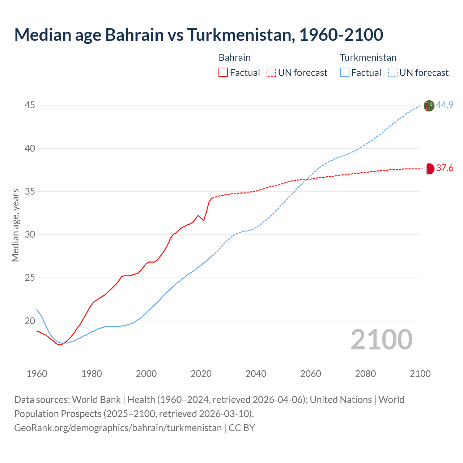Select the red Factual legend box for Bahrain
click(x=223, y=72)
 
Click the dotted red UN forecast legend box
click(x=271, y=72)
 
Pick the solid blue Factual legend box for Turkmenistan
click(x=344, y=72)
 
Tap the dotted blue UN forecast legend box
click(x=392, y=72)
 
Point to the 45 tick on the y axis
click(x=30, y=105)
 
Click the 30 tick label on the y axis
click(x=30, y=234)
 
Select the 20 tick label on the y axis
click(x=30, y=321)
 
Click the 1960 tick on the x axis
click(x=37, y=373)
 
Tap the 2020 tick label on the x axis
click(x=201, y=373)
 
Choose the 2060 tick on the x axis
click(x=311, y=373)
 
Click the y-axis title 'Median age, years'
click(x=15, y=225)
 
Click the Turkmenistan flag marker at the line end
click(x=429, y=106)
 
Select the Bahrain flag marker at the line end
click(x=429, y=169)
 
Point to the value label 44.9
click(x=445, y=105)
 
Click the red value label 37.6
click(x=445, y=168)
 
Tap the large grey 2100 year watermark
click(x=381, y=339)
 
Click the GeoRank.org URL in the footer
click(x=118, y=428)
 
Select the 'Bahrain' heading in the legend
click(x=234, y=58)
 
